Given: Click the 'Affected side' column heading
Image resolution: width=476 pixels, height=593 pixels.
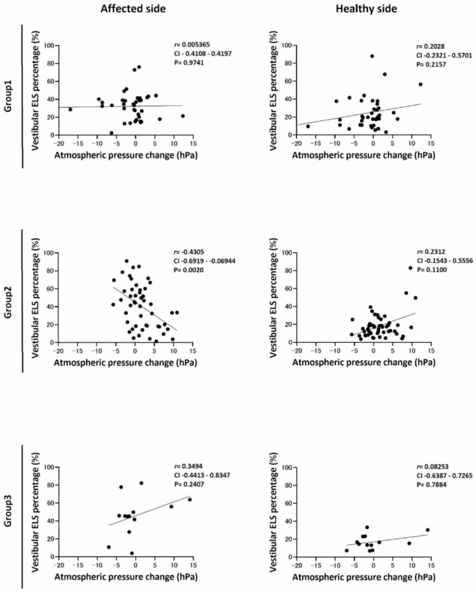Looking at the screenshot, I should pos(125,9).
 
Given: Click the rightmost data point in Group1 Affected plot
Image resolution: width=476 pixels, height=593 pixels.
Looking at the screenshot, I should pos(183,116).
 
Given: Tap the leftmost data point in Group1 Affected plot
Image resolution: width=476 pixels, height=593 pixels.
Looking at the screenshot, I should pos(70,109).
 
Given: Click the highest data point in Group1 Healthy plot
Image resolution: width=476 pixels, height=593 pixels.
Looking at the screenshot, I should pos(372,56).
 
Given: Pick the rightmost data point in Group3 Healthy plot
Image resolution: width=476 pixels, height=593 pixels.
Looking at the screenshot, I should pos(427,530).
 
